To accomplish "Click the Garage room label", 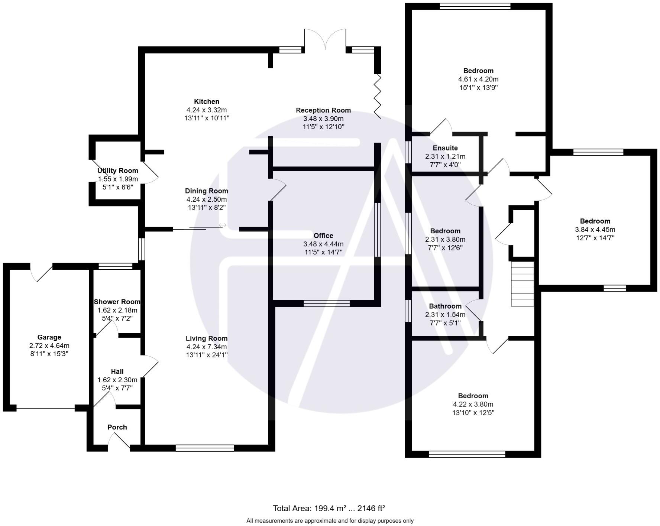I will coord(49,337).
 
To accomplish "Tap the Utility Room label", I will coord(117,171).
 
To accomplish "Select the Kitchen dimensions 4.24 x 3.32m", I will coord(207,110).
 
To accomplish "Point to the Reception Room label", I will coord(323,110).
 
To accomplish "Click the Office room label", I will coord(323,236).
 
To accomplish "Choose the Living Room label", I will coord(207,338).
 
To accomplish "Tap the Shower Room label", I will coord(117,302).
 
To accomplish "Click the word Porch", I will coord(117,427).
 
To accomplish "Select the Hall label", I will coord(117,371).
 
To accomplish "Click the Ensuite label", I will coord(445,148).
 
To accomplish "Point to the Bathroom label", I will coord(445,306).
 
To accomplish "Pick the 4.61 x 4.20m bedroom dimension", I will coord(478,79).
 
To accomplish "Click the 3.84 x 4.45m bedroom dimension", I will coord(595,230).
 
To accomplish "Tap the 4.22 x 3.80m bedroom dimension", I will coord(473,404).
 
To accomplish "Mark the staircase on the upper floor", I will coord(522,284).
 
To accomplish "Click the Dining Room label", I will coord(207,191).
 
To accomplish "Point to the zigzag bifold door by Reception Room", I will coord(378,96).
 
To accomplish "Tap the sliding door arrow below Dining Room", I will coord(223,225).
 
